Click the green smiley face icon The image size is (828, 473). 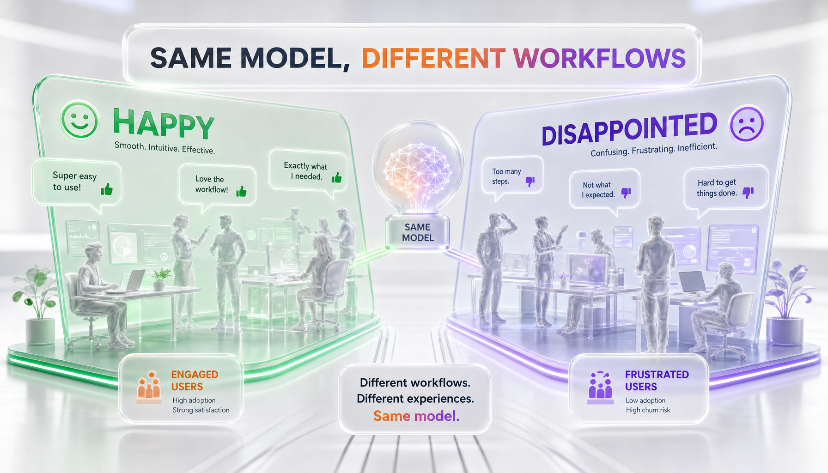coord(79,120)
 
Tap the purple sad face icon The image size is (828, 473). coord(746,124)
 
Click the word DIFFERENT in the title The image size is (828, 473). coord(433,58)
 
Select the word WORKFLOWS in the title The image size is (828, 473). coord(599,58)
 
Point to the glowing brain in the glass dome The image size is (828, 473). coord(418,174)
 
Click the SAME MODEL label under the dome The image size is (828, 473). coord(418,232)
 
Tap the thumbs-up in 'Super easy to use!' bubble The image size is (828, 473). coord(107,189)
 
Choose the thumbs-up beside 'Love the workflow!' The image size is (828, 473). coord(241,191)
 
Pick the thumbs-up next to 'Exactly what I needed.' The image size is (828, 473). coord(337,177)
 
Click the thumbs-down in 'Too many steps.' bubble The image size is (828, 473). coord(530,182)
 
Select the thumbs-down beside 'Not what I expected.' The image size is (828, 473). coord(626,193)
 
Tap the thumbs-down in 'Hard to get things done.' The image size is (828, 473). coord(748,192)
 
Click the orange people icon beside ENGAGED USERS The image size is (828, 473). coord(149,387)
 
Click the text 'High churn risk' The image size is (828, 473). coord(648,410)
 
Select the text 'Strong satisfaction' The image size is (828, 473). coord(201,410)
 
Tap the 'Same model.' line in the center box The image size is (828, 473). coord(416,416)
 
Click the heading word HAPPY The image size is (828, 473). coord(164,123)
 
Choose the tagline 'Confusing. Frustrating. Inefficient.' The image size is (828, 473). coord(654,150)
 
